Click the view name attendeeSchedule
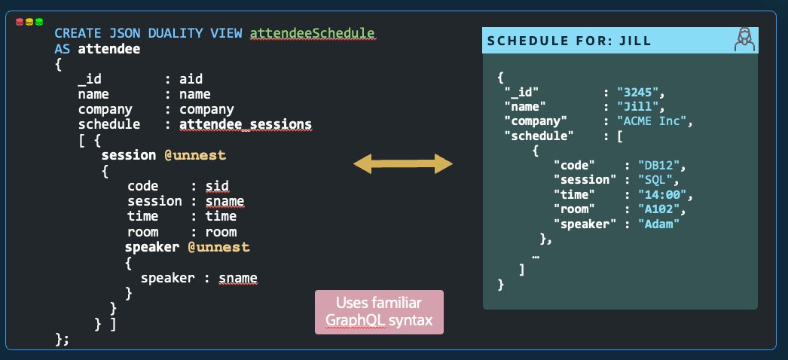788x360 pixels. tap(312, 34)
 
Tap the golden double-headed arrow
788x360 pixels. tap(402, 163)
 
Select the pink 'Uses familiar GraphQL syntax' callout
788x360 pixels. tap(379, 313)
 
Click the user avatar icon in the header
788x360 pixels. tap(744, 41)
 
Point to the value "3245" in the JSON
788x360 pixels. tap(640, 93)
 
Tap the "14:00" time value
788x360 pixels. tap(662, 194)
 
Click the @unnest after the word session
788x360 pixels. tap(195, 155)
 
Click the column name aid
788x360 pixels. tap(190, 78)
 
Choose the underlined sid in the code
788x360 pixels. tap(217, 186)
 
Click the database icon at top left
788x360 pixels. tap(29, 23)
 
